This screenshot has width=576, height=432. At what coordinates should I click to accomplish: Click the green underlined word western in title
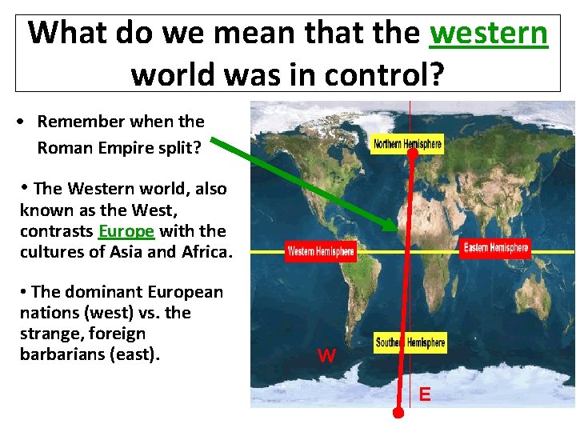click(489, 34)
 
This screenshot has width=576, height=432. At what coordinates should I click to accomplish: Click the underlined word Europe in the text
click(126, 231)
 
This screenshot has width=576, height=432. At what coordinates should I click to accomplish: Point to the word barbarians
click(66, 354)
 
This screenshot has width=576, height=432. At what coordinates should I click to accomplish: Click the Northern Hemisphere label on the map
click(407, 144)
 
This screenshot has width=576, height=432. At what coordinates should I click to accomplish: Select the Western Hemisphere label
click(321, 251)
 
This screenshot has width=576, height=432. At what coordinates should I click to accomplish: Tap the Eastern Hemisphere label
click(496, 248)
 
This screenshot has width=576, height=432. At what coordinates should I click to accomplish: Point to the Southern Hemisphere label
click(410, 342)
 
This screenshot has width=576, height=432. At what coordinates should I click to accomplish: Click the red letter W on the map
click(326, 356)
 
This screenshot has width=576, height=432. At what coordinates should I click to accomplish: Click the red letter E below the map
click(424, 394)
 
